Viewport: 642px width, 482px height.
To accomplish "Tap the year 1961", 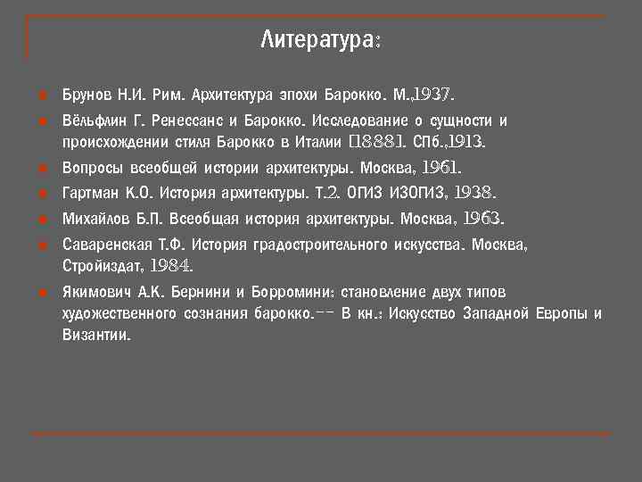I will (440, 168).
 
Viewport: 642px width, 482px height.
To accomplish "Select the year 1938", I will (473, 193).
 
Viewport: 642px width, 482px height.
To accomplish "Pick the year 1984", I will (170, 265).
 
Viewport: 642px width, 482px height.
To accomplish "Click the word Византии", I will (95, 336).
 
